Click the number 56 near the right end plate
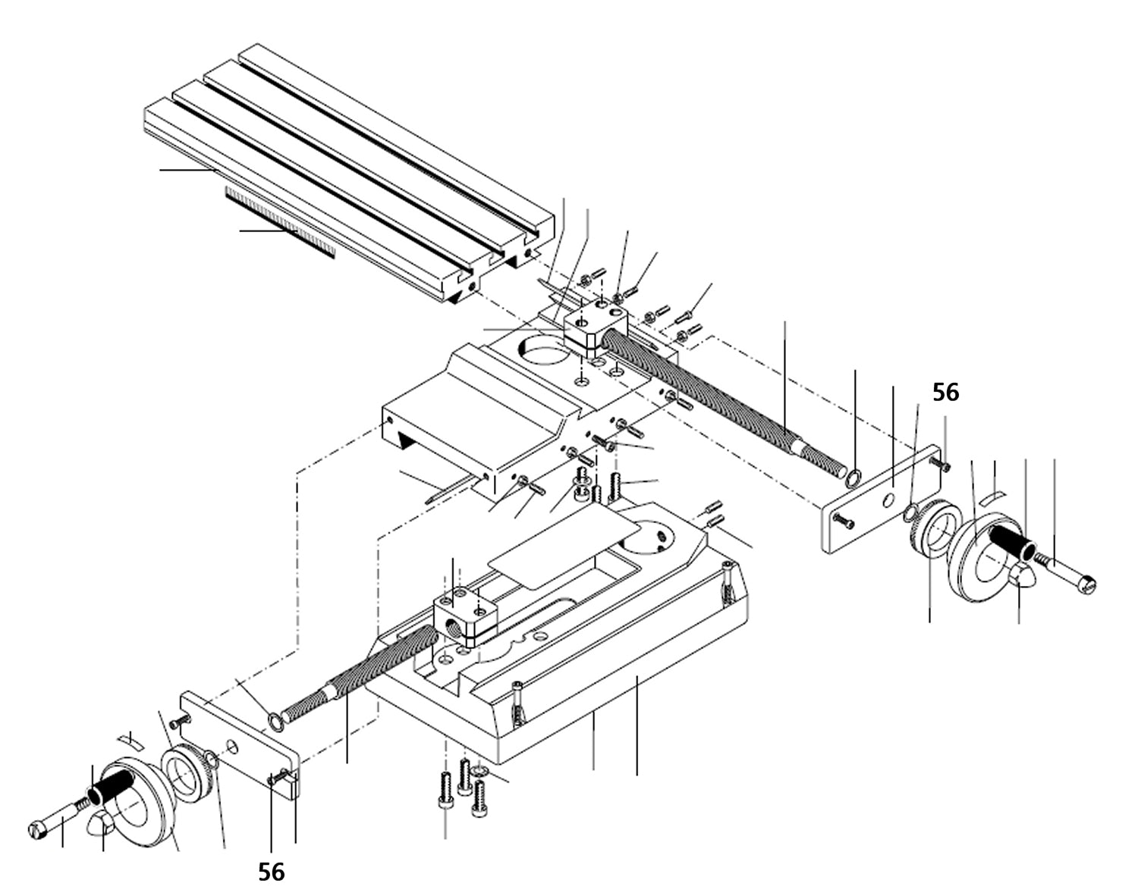(945, 392)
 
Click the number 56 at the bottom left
(271, 872)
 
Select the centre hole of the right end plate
(888, 501)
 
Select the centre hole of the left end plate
(232, 748)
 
